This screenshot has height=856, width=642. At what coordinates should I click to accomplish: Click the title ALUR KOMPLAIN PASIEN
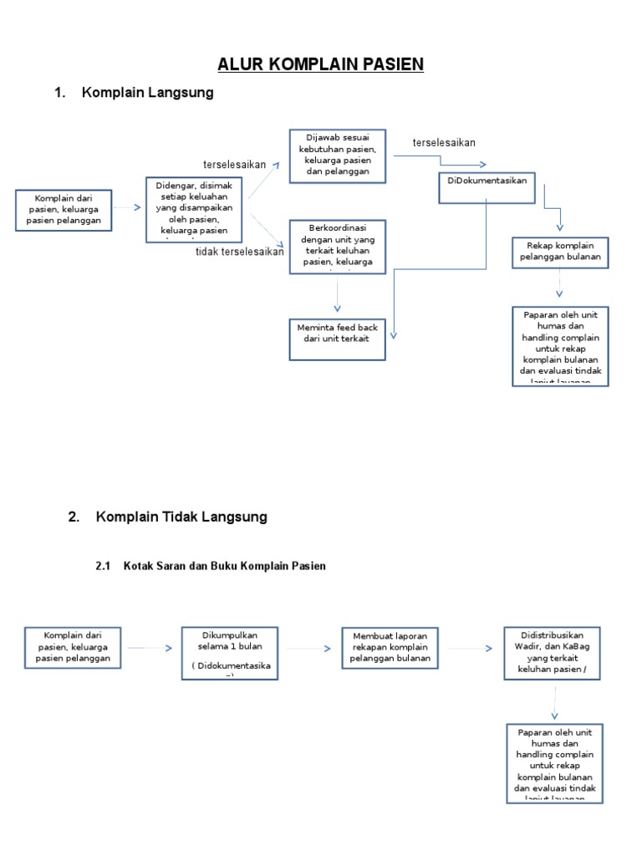click(x=321, y=64)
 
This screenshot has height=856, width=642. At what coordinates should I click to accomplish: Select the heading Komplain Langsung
click(x=148, y=93)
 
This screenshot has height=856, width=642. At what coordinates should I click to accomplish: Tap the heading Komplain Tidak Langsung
click(x=181, y=517)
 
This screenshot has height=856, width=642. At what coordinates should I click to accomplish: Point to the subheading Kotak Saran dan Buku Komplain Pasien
click(x=224, y=566)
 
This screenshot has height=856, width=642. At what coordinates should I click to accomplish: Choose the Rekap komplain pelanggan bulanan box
click(x=560, y=253)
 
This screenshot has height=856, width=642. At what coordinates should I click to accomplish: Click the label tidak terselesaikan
click(x=240, y=252)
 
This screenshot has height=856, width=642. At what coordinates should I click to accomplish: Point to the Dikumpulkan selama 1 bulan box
click(x=230, y=652)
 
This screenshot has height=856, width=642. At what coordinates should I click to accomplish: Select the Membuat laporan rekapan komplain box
click(x=390, y=648)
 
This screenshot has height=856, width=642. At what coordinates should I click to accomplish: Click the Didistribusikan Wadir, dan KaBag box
click(x=552, y=652)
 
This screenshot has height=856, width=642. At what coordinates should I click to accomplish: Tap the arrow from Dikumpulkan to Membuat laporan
click(x=309, y=648)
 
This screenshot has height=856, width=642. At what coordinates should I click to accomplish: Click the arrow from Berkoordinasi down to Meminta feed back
click(x=338, y=296)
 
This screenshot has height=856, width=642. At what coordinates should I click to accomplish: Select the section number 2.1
click(x=104, y=566)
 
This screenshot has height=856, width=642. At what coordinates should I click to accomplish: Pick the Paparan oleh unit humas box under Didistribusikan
click(x=554, y=763)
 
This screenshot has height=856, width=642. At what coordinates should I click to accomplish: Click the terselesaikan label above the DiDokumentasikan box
click(x=444, y=143)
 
